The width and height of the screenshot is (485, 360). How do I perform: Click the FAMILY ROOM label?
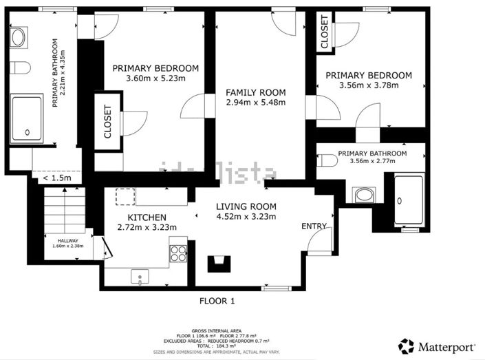pyautogui.click(x=255, y=92)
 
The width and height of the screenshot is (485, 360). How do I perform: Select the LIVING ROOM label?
pyautogui.click(x=246, y=207)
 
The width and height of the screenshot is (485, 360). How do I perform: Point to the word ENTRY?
pyautogui.click(x=314, y=226)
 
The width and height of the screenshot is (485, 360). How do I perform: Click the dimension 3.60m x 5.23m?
pyautogui.click(x=155, y=78)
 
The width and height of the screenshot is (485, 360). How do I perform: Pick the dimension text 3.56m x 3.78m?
pyautogui.click(x=368, y=86)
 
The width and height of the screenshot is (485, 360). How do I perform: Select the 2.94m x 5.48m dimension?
pyautogui.click(x=255, y=103)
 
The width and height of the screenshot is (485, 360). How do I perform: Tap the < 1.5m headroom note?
pyautogui.click(x=56, y=178)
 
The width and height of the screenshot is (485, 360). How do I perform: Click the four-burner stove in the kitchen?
pyautogui.click(x=178, y=253)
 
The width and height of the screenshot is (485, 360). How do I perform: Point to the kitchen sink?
pyautogui.click(x=140, y=278)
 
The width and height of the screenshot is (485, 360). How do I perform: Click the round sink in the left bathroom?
pyautogui.click(x=19, y=38)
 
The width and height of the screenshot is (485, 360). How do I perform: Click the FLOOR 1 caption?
pyautogui.click(x=217, y=301)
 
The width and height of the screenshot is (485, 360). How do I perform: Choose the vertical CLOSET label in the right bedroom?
pyautogui.click(x=325, y=32)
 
